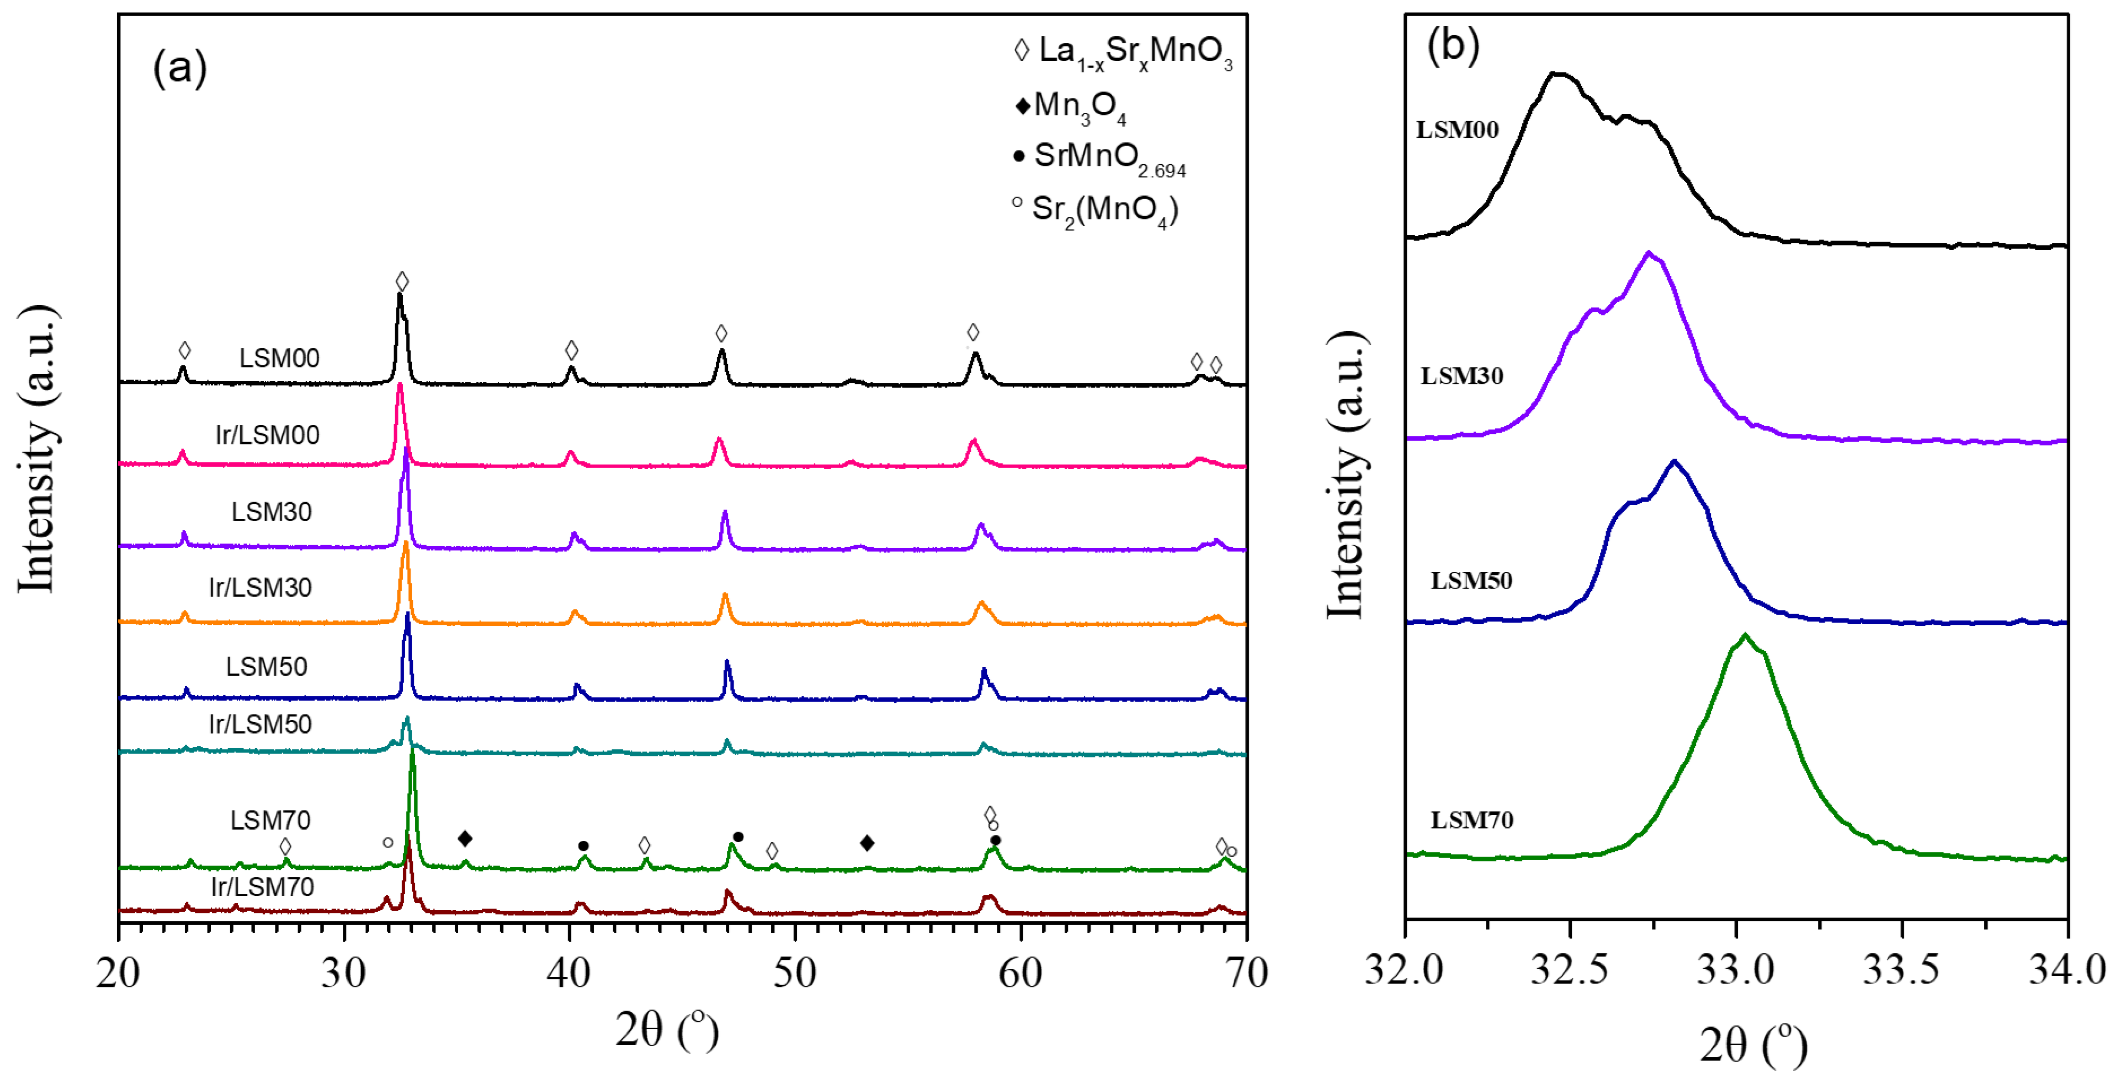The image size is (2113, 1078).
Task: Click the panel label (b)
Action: (1453, 45)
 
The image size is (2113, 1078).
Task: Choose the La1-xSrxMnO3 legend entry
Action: (1124, 52)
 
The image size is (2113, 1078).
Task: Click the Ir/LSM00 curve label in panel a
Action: (267, 434)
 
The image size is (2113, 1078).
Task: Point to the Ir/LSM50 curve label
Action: (260, 724)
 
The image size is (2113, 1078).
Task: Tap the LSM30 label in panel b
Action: (1462, 376)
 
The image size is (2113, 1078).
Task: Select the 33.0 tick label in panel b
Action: (1735, 970)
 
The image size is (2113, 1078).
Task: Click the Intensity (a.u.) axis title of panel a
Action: (37, 449)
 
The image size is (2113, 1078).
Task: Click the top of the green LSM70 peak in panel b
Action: (1745, 635)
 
